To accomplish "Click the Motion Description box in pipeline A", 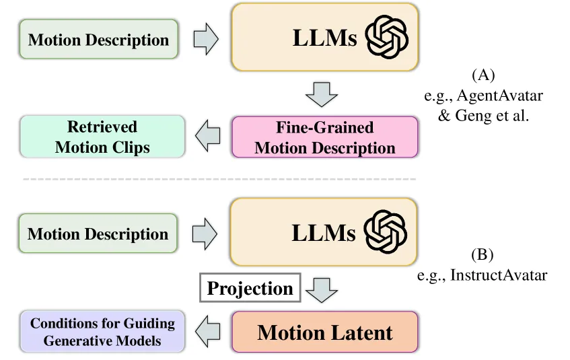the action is click(98, 39).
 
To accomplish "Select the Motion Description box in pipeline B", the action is click(98, 233).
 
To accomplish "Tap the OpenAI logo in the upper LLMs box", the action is click(386, 37).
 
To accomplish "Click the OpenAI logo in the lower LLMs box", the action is click(386, 231).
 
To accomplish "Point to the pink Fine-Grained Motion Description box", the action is click(324, 137).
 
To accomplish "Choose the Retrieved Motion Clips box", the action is click(102, 137).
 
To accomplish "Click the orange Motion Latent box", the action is click(324, 332).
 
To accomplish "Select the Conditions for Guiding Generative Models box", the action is click(102, 331).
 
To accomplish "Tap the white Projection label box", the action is click(250, 287).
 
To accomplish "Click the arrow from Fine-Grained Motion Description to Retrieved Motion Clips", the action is click(207, 136).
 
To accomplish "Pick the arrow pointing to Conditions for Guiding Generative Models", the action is click(207, 331).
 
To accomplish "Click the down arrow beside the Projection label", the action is click(322, 290).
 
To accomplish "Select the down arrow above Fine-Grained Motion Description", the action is click(322, 95).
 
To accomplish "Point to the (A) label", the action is click(483, 75).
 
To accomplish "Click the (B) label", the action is click(482, 254).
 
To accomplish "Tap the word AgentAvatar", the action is click(500, 96).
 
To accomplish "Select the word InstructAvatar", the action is click(499, 275).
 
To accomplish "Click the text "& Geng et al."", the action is click(483, 116).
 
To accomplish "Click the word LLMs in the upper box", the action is click(324, 38).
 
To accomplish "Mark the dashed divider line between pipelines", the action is click(219, 179).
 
